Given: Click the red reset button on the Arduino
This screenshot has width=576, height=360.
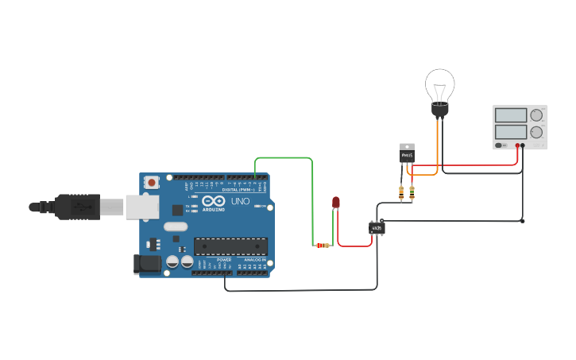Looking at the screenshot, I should pyautogui.click(x=151, y=182).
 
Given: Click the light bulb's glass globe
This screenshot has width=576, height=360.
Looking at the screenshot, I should pyautogui.click(x=439, y=83).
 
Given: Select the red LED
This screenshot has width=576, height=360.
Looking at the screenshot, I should pyautogui.click(x=335, y=203).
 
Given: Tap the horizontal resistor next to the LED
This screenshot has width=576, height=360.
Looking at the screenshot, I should pyautogui.click(x=323, y=246).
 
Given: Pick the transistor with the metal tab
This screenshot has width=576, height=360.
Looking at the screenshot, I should pyautogui.click(x=407, y=153).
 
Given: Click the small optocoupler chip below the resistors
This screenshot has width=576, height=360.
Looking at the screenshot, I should pyautogui.click(x=377, y=229).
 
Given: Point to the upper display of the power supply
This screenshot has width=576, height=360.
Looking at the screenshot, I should pyautogui.click(x=510, y=115).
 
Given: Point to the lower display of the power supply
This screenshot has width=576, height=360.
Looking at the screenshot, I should pyautogui.click(x=510, y=131).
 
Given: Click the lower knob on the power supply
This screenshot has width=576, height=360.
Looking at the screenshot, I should pyautogui.click(x=536, y=132).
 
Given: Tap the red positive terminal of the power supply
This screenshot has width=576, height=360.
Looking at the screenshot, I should pyautogui.click(x=517, y=145).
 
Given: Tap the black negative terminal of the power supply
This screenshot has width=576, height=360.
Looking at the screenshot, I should pyautogui.click(x=523, y=145).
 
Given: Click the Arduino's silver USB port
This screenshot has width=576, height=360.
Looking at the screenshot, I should pyautogui.click(x=141, y=207).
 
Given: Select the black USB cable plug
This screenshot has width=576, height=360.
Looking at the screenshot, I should pyautogui.click(x=77, y=207).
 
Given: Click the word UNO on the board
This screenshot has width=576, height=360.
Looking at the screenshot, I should pyautogui.click(x=240, y=202).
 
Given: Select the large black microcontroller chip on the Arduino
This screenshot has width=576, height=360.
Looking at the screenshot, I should pyautogui.click(x=230, y=246).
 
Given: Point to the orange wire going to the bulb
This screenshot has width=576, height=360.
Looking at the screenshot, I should pyautogui.click(x=436, y=143).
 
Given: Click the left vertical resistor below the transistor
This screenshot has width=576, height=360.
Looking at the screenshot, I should pyautogui.click(x=401, y=192).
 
